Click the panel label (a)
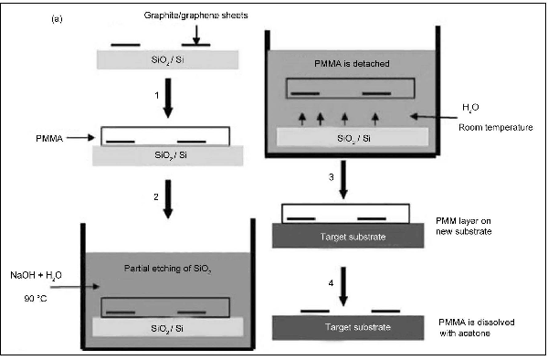[x=57, y=18]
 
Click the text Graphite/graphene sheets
[x=196, y=16]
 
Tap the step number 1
[x=157, y=95]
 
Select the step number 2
[x=156, y=196]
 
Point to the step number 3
[x=331, y=177]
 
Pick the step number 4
[x=331, y=283]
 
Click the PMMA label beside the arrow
[x=49, y=138]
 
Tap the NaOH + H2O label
[x=36, y=276]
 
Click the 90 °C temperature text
[x=36, y=299]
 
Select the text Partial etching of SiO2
[x=168, y=269]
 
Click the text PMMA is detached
[x=352, y=64]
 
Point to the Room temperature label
[x=496, y=127]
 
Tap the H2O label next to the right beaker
[x=470, y=108]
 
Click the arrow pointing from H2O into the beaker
[x=434, y=117]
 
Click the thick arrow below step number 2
[x=168, y=199]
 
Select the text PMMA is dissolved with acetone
[x=477, y=327]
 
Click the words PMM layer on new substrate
[x=463, y=226]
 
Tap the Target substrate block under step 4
[x=348, y=327]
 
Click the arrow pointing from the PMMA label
[x=80, y=138]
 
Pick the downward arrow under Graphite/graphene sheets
[x=196, y=35]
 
